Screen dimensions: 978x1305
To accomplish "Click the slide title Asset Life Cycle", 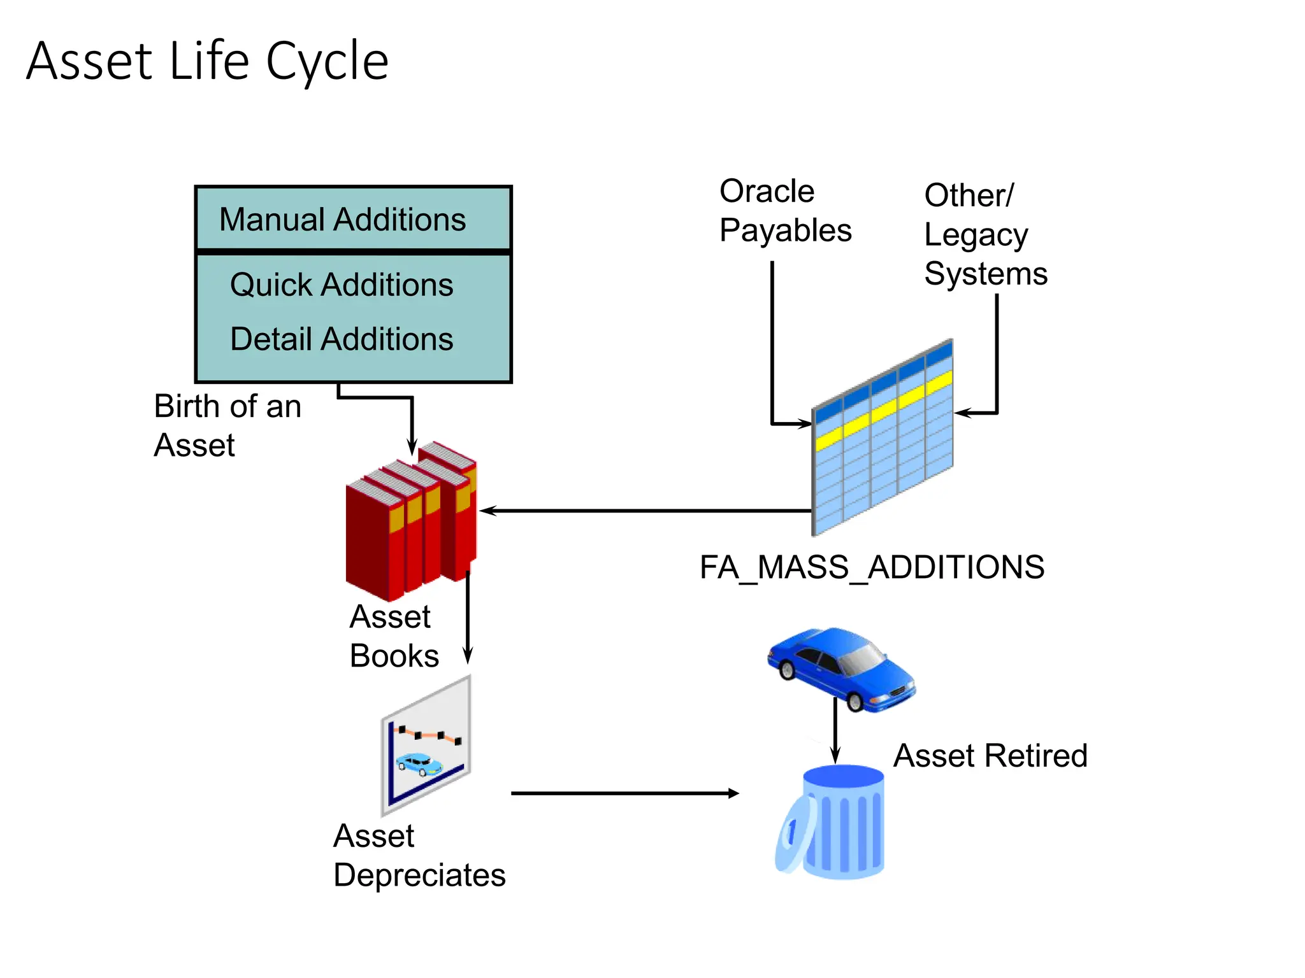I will (x=207, y=61).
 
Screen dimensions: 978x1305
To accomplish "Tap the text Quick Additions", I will (x=342, y=285).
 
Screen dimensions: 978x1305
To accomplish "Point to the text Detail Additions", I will (x=342, y=339).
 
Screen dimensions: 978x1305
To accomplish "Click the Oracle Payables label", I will (x=784, y=211).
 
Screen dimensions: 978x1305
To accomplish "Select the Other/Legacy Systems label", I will (x=985, y=234).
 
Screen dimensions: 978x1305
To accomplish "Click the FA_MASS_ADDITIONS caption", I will (x=872, y=567).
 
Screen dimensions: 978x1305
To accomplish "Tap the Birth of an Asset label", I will (x=227, y=425).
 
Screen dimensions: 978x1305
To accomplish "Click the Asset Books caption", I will (x=393, y=636).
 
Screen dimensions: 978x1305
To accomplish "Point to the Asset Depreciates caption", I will (x=419, y=855).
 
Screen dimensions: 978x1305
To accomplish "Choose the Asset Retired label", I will (x=990, y=756).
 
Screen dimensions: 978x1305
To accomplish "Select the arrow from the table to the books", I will (x=644, y=511).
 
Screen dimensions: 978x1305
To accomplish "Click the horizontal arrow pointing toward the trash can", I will (x=624, y=793).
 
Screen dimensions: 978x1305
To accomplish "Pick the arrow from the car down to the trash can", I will (x=835, y=732).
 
